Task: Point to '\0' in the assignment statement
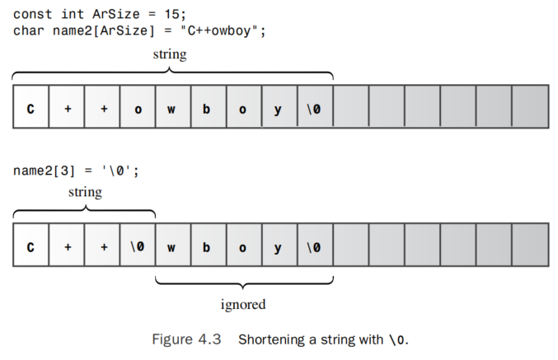[x=116, y=171]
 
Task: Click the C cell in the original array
[x=30, y=106]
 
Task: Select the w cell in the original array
[x=172, y=106]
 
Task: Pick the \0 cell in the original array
[x=314, y=106]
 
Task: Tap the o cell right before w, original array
[x=137, y=106]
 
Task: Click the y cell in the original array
[x=279, y=106]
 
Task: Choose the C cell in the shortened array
[x=30, y=245]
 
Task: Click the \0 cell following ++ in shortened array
[x=137, y=245]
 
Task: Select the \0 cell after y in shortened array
[x=314, y=245]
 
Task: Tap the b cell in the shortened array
[x=208, y=245]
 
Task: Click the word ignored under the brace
[x=243, y=304]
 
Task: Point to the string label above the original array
[x=171, y=54]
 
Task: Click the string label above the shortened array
[x=85, y=192]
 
